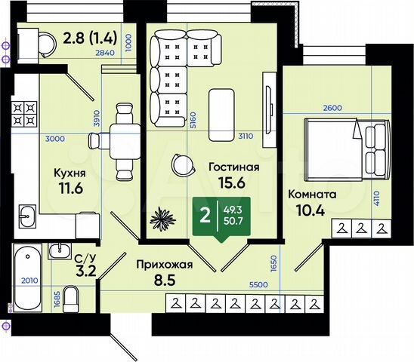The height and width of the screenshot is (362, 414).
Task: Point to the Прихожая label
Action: [x=164, y=264]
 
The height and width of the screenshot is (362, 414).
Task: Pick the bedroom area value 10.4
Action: [x=307, y=210]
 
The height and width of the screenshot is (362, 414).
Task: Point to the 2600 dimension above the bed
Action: [x=332, y=108]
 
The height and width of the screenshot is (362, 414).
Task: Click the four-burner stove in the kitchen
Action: [x=25, y=113]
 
